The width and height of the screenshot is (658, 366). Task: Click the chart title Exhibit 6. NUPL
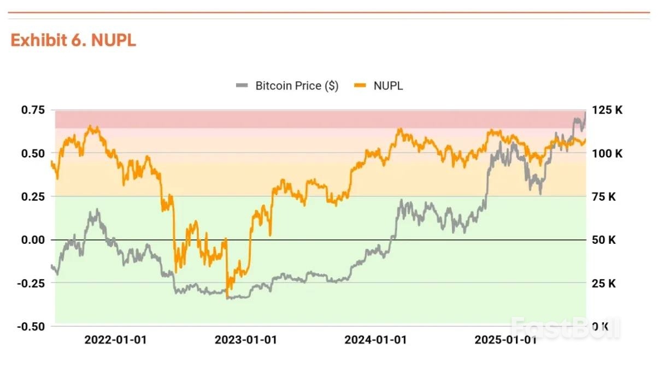point(73,40)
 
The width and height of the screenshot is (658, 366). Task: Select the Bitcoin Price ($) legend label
point(297,86)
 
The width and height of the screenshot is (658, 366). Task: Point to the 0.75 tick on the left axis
point(33,110)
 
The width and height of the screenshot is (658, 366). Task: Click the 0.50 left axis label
point(33,153)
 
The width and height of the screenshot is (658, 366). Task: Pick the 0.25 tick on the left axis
point(33,196)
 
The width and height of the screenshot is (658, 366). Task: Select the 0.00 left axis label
point(33,240)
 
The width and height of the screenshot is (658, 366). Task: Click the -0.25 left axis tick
point(31,283)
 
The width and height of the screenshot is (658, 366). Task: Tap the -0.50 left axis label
point(31,326)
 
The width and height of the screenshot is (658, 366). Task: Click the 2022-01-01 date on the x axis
point(115,340)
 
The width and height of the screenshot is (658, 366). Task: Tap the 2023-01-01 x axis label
point(246,340)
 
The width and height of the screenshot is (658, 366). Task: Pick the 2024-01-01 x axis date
point(376,340)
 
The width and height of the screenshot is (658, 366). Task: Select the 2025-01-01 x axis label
point(506,340)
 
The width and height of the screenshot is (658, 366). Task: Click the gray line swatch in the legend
point(242,86)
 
